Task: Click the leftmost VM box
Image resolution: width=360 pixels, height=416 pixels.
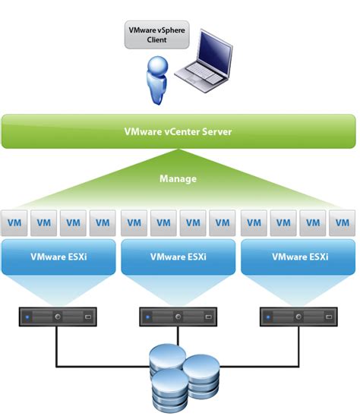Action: click(13, 223)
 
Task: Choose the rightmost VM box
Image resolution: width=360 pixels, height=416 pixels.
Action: click(342, 223)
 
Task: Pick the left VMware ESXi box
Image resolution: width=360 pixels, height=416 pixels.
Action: click(58, 257)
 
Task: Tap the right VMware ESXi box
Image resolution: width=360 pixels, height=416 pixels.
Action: click(298, 257)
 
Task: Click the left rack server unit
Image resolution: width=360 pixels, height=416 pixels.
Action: click(58, 314)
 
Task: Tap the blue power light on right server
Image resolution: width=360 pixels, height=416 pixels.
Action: click(268, 314)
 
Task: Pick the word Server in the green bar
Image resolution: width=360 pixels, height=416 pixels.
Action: click(215, 131)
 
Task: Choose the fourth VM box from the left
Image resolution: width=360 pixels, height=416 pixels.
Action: click(103, 223)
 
